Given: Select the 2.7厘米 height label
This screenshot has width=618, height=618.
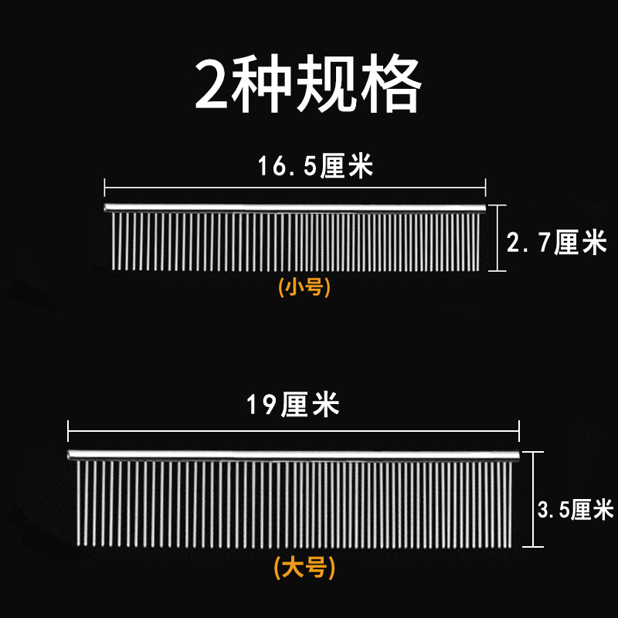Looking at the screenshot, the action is pyautogui.click(x=556, y=243).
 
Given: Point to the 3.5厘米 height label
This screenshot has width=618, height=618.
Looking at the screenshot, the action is pyautogui.click(x=575, y=509).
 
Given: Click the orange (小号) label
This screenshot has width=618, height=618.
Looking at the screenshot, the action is pyautogui.click(x=304, y=287).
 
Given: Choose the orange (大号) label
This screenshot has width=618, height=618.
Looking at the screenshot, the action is pyautogui.click(x=304, y=569).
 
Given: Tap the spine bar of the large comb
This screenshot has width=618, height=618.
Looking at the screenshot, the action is pyautogui.click(x=294, y=454).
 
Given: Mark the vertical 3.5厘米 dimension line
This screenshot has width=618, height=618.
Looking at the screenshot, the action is pyautogui.click(x=538, y=499).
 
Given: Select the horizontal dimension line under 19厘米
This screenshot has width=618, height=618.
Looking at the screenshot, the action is pyautogui.click(x=294, y=429).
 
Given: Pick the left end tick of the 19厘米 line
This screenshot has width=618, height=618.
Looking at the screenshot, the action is pyautogui.click(x=69, y=429).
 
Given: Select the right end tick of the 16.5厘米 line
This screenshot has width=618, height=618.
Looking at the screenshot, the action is pyautogui.click(x=485, y=186).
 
